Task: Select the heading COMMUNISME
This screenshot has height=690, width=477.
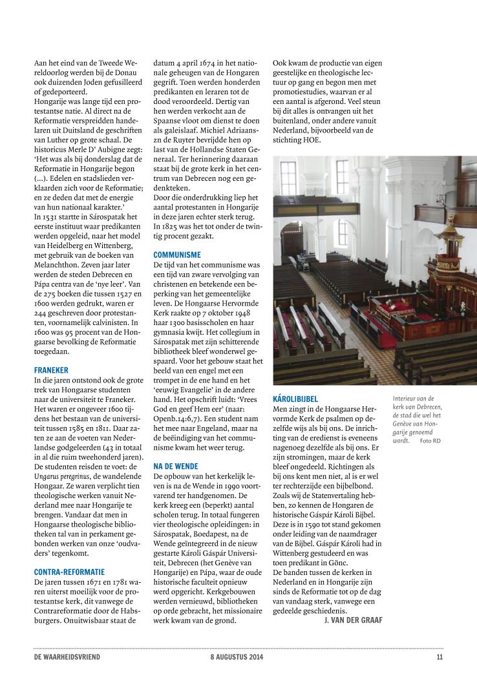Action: pyautogui.click(x=177, y=255)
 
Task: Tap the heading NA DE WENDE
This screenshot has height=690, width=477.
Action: pyautogui.click(x=176, y=466)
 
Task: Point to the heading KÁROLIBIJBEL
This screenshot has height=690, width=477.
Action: pyautogui.click(x=295, y=399)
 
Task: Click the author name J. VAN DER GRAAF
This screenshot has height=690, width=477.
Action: pyautogui.click(x=352, y=620)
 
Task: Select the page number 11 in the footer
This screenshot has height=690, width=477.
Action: pyautogui.click(x=439, y=658)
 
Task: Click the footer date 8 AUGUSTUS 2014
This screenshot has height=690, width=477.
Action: pyautogui.click(x=238, y=658)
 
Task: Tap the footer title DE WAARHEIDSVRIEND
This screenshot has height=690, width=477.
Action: pyautogui.click(x=67, y=658)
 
